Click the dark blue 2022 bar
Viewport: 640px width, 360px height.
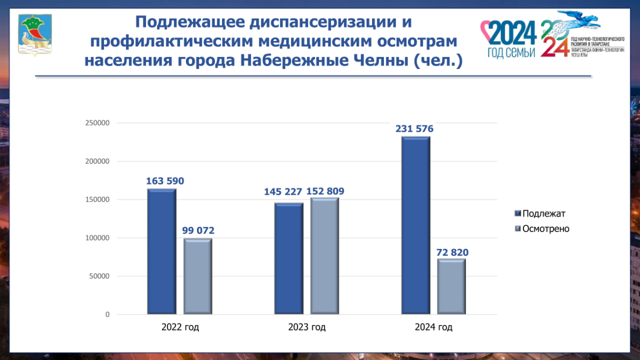pyautogui.click(x=161, y=252)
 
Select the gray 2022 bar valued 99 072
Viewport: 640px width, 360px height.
pyautogui.click(x=197, y=276)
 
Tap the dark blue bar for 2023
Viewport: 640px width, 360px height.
pyautogui.click(x=289, y=259)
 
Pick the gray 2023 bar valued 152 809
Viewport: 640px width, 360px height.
pyautogui.click(x=325, y=256)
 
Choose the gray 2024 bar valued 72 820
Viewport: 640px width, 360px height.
pyautogui.click(x=451, y=287)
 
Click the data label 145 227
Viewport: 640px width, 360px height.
pyautogui.click(x=284, y=192)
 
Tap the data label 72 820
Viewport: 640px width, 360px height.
pyautogui.click(x=452, y=252)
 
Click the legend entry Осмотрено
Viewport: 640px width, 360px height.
pyautogui.click(x=545, y=229)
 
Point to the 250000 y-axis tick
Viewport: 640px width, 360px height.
pyautogui.click(x=97, y=123)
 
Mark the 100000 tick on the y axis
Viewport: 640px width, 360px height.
pyautogui.click(x=97, y=238)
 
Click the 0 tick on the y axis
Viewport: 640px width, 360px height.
pyautogui.click(x=107, y=315)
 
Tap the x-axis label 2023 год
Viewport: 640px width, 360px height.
pyautogui.click(x=307, y=328)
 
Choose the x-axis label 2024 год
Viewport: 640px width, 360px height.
pyautogui.click(x=433, y=328)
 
